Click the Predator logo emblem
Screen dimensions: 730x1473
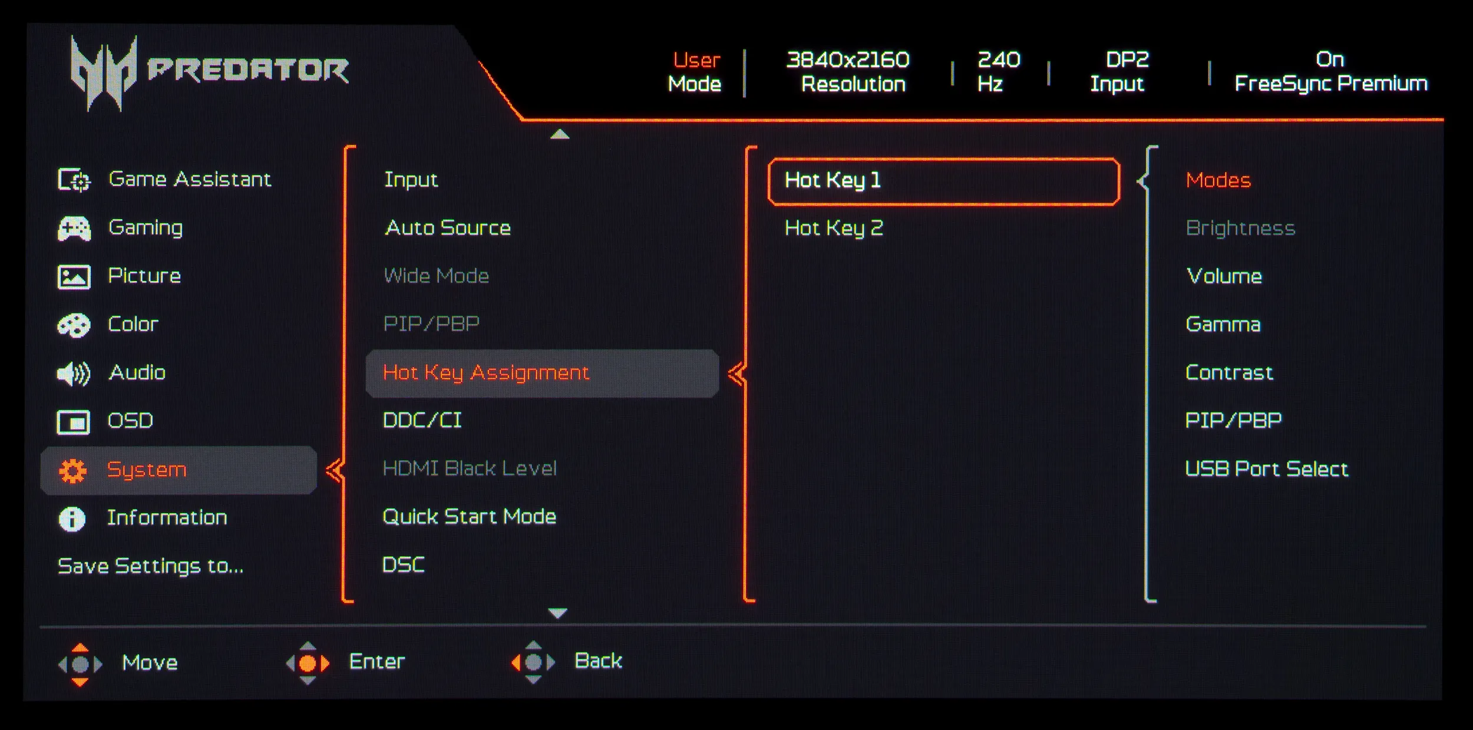click(103, 72)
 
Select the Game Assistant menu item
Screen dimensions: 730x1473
click(189, 179)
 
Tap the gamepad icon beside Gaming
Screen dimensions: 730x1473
click(74, 229)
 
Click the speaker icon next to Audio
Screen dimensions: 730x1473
click(74, 374)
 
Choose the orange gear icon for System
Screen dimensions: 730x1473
click(73, 471)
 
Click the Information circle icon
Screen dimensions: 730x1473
click(72, 519)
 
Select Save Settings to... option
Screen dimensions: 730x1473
click(150, 566)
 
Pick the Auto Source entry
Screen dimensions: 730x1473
click(447, 228)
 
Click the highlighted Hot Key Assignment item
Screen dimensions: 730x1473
click(486, 373)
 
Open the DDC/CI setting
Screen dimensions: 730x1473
click(422, 421)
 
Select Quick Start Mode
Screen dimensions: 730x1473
click(469, 517)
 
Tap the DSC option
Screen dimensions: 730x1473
click(403, 565)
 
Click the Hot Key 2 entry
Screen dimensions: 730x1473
click(834, 228)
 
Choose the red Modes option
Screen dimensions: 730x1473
click(1218, 180)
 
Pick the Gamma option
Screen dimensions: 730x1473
click(1223, 325)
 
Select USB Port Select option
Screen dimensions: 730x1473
click(1266, 469)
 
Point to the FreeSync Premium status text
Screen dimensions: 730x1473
click(1330, 84)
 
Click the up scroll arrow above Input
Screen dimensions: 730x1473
click(559, 134)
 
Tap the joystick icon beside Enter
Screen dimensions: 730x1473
click(308, 663)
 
